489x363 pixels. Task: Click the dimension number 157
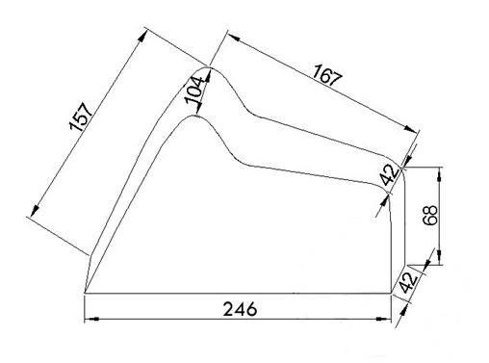point(81,117)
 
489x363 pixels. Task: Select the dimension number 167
point(327,74)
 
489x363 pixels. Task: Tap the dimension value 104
point(194,91)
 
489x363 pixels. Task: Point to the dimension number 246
point(240,309)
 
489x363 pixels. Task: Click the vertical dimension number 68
point(430,216)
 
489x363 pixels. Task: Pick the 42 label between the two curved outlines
point(390,175)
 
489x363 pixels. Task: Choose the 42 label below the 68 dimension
point(408,283)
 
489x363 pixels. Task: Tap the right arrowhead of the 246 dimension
point(384,319)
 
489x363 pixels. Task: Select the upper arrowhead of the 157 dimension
point(142,36)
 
